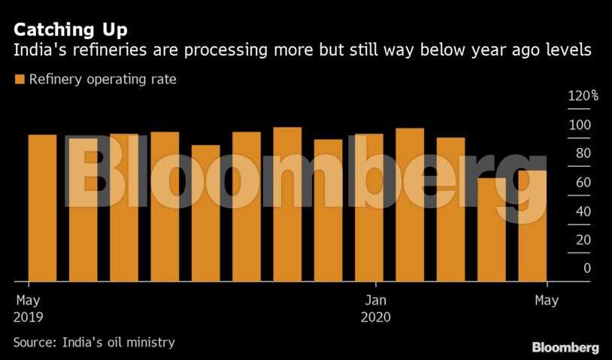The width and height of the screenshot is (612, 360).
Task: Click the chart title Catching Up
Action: coord(71,31)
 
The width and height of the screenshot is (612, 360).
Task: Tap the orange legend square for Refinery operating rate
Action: coord(19,79)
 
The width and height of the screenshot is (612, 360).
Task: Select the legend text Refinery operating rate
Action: coord(102,79)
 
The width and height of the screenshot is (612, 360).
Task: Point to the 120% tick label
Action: coord(583,96)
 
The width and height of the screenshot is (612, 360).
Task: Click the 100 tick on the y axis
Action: coord(583,125)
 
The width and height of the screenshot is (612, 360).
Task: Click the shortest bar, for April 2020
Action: coord(492,229)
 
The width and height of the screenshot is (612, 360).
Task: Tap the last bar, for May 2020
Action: coord(532,225)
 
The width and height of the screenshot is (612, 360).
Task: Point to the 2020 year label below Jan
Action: coord(375,317)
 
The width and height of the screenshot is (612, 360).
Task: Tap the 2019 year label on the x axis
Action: coord(29,317)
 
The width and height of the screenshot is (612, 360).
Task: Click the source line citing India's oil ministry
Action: coord(94,343)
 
